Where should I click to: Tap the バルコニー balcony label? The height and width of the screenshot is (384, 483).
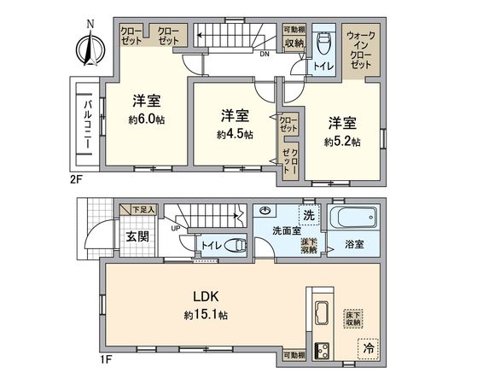(x=87, y=125)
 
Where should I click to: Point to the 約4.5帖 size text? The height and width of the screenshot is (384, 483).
(x=234, y=134)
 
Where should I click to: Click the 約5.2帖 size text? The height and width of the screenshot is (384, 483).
(x=341, y=141)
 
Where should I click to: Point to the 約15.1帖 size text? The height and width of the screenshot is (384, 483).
(x=205, y=315)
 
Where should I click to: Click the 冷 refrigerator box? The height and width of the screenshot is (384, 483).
(x=369, y=348)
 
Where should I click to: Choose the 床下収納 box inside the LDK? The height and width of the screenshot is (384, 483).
(x=352, y=318)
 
